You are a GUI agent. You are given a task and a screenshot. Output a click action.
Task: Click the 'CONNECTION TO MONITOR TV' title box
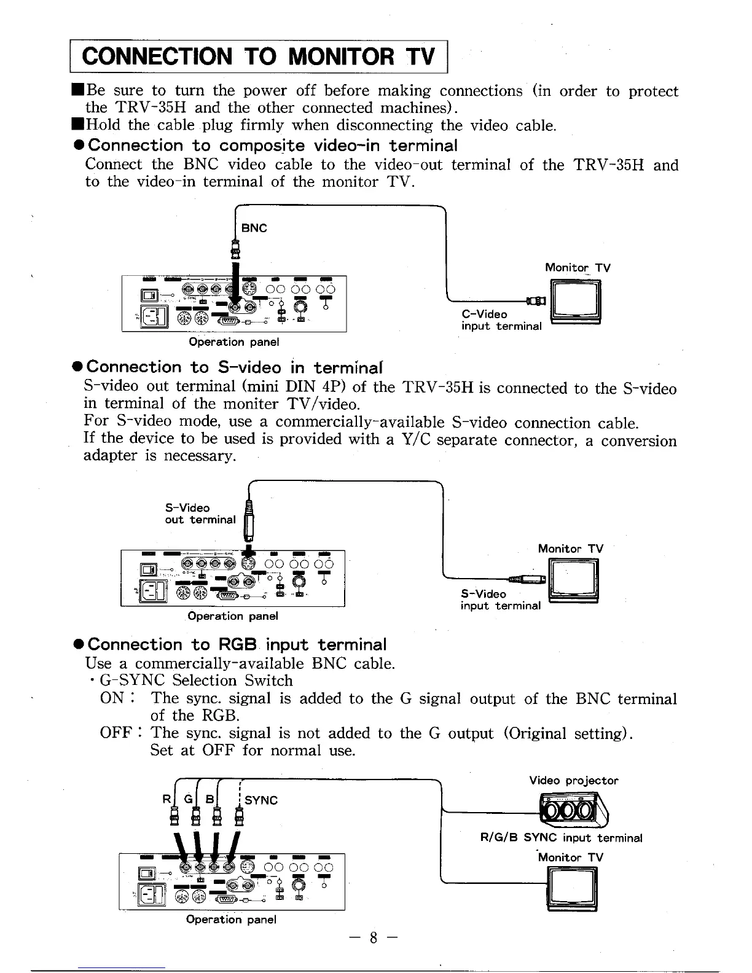[x=259, y=57]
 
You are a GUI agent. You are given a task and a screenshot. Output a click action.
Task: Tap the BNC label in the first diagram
[x=254, y=228]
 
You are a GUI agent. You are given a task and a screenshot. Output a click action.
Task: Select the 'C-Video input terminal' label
[x=501, y=320]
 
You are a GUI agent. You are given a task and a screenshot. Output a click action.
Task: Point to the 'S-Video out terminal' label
[x=200, y=514]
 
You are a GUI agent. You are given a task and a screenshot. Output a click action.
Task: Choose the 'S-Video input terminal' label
[x=501, y=600]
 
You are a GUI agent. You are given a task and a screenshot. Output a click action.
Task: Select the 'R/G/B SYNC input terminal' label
[x=560, y=838]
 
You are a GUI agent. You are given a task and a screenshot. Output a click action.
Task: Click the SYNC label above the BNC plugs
[x=261, y=800]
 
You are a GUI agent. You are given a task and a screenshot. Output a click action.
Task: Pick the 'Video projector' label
[x=573, y=781]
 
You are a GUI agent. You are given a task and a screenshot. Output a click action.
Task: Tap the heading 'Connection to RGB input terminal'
[x=237, y=644]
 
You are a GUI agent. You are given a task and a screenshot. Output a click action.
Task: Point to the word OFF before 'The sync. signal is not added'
[x=116, y=733]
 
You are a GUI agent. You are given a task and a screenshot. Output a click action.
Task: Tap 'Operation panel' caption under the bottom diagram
[x=231, y=920]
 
